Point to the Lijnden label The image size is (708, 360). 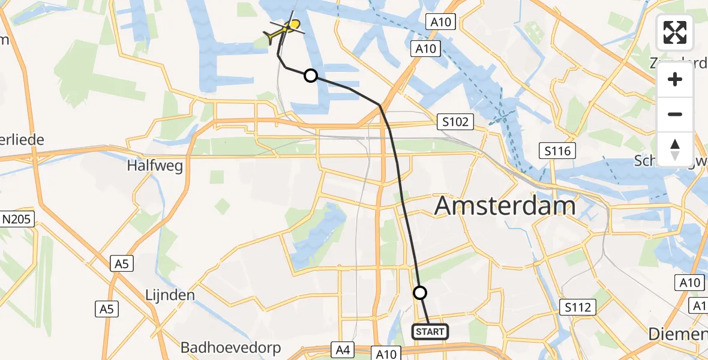[170, 295]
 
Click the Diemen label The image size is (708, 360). [678, 334]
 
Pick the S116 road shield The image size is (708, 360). [557, 150]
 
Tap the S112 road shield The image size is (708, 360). [578, 308]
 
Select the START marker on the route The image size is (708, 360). [430, 331]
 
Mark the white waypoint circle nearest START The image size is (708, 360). [420, 293]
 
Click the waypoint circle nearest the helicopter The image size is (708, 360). [311, 76]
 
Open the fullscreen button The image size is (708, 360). [675, 32]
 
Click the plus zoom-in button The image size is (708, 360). [675, 79]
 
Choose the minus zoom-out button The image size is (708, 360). [675, 114]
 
